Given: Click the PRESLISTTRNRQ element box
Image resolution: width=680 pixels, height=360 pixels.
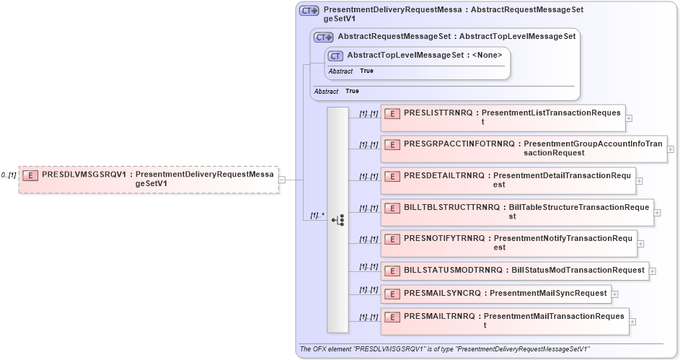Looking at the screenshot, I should (x=502, y=118).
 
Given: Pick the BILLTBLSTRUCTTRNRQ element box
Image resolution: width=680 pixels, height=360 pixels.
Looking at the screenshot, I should (x=517, y=212).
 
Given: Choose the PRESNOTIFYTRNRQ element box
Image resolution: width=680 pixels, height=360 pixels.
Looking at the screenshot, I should (x=508, y=242).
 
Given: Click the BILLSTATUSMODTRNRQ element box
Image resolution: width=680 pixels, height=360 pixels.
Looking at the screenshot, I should (x=515, y=271).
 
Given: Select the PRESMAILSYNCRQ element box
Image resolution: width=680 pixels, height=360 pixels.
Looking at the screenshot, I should (x=495, y=294).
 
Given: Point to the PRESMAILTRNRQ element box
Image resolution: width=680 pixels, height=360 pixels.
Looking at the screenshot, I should (x=504, y=321).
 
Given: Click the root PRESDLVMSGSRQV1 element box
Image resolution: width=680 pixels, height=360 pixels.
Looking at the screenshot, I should (x=148, y=179).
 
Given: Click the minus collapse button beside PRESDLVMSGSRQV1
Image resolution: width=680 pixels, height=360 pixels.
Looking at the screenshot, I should (x=282, y=180).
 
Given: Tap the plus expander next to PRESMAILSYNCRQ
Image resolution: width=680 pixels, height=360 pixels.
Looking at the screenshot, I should (x=615, y=294).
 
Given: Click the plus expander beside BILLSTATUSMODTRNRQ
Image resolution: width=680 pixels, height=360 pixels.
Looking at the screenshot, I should (x=653, y=271).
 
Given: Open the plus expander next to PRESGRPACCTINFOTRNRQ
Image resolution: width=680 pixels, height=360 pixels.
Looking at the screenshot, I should (x=671, y=149).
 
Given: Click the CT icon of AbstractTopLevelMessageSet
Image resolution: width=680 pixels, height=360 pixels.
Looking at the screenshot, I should (x=335, y=56).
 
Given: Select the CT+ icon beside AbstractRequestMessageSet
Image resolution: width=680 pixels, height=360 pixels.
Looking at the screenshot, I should (x=323, y=37).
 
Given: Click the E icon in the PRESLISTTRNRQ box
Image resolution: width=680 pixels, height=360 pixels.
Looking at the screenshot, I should (x=392, y=113).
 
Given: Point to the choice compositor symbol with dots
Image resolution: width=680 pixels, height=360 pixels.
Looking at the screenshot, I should (x=337, y=220).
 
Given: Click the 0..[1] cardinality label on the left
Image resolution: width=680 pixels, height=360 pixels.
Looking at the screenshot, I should (x=9, y=175).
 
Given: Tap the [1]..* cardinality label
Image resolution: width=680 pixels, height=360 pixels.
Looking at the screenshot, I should (x=316, y=215).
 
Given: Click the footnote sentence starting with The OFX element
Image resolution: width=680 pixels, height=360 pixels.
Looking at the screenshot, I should (x=444, y=349).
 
